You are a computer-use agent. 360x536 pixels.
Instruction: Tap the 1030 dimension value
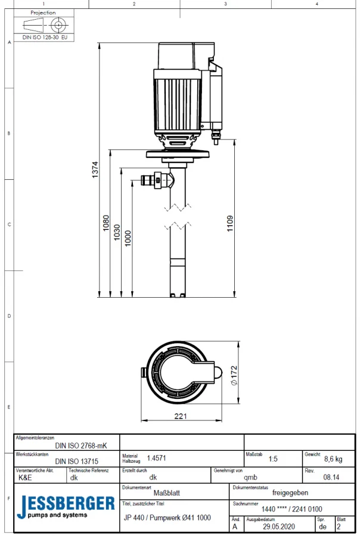click(x=117, y=232)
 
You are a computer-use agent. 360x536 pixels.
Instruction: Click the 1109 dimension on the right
click(x=230, y=223)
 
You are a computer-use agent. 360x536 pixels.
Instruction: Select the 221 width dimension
click(x=180, y=416)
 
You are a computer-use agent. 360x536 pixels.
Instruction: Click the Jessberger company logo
click(x=66, y=507)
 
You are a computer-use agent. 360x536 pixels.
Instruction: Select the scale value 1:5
click(x=273, y=460)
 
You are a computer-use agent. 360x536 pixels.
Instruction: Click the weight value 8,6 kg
click(x=333, y=459)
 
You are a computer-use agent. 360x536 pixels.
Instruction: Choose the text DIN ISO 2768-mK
click(x=81, y=445)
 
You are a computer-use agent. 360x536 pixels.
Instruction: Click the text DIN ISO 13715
click(x=76, y=460)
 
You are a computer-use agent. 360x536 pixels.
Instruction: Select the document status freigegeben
click(x=290, y=493)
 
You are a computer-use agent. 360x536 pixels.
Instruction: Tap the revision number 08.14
click(x=331, y=477)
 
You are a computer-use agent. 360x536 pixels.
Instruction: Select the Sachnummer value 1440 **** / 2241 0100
click(x=292, y=509)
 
